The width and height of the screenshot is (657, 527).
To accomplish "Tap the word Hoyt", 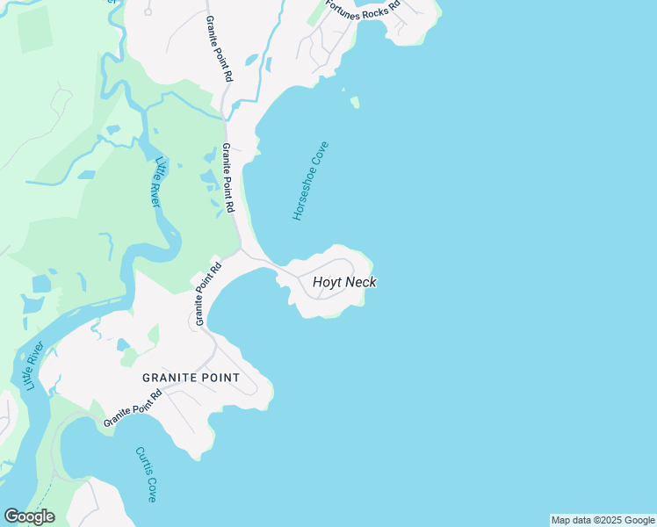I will (x=327, y=283).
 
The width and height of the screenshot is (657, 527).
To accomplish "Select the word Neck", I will (x=361, y=283).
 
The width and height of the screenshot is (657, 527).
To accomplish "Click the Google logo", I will (x=29, y=516).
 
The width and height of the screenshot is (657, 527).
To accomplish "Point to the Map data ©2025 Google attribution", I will (x=603, y=520).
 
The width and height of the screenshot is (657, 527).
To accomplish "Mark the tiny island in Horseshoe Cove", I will (x=355, y=103).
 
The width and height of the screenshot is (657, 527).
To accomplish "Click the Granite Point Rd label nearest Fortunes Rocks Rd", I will (x=220, y=49).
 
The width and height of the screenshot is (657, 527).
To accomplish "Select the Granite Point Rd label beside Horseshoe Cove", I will (x=228, y=178).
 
